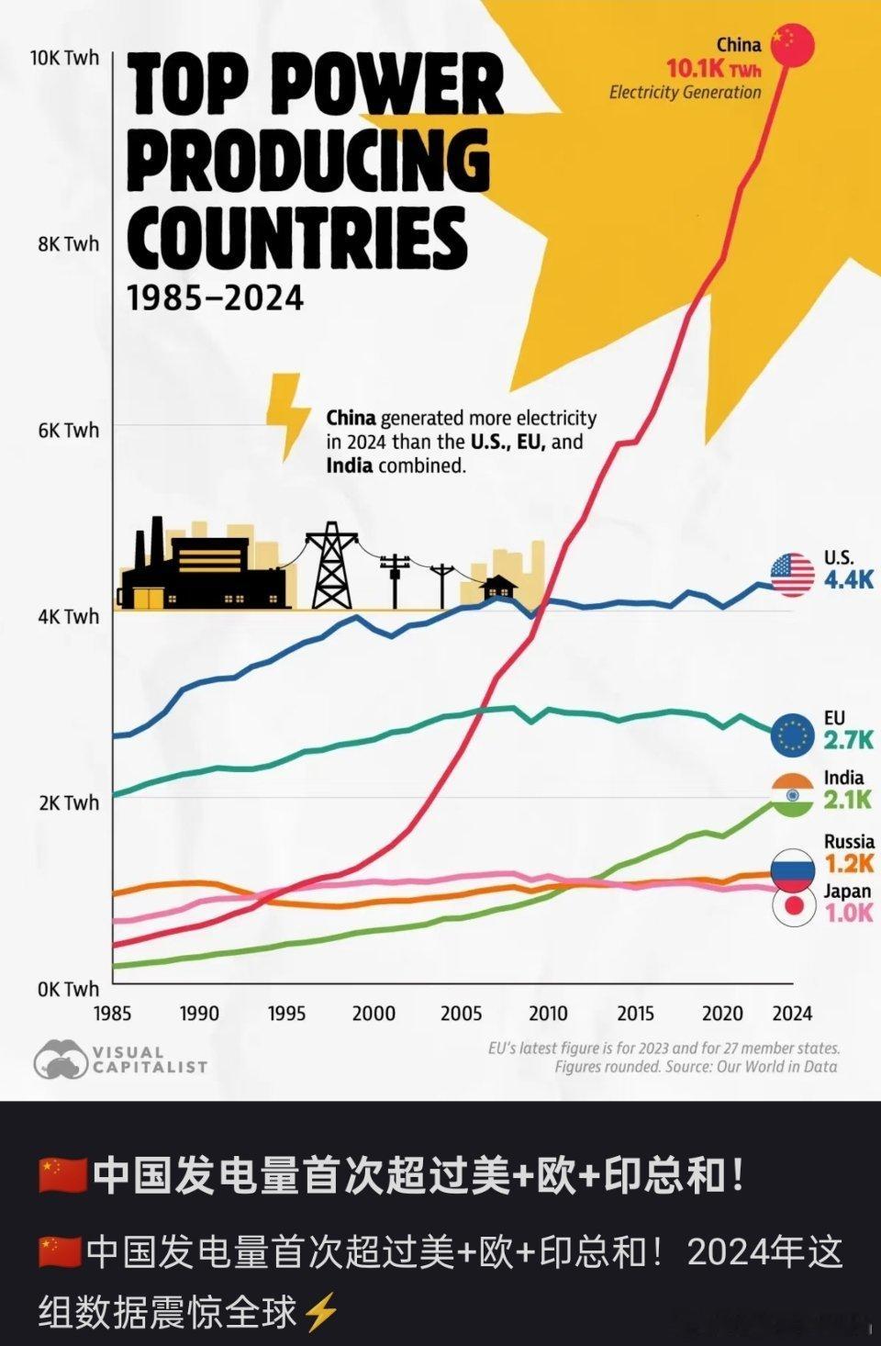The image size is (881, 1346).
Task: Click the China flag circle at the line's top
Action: point(792,47)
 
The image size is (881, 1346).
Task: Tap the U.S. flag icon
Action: point(792,576)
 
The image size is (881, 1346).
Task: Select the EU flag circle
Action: point(792,735)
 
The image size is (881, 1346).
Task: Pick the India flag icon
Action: point(792,795)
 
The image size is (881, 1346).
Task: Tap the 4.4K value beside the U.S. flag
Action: point(848,580)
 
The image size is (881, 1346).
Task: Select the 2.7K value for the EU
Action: point(848,740)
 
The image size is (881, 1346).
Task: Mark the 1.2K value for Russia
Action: point(848,863)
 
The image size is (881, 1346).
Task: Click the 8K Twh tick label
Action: point(69,244)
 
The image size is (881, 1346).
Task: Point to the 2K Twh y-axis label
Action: point(69,802)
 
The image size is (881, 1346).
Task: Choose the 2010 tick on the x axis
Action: point(548,1014)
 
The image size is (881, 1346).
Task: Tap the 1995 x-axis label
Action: point(287,1014)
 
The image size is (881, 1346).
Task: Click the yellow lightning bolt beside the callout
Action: point(287,415)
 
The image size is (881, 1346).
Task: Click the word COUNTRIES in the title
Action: point(296,235)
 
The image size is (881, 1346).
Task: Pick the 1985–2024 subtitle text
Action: point(215,298)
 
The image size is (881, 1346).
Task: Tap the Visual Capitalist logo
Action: point(120,1060)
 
